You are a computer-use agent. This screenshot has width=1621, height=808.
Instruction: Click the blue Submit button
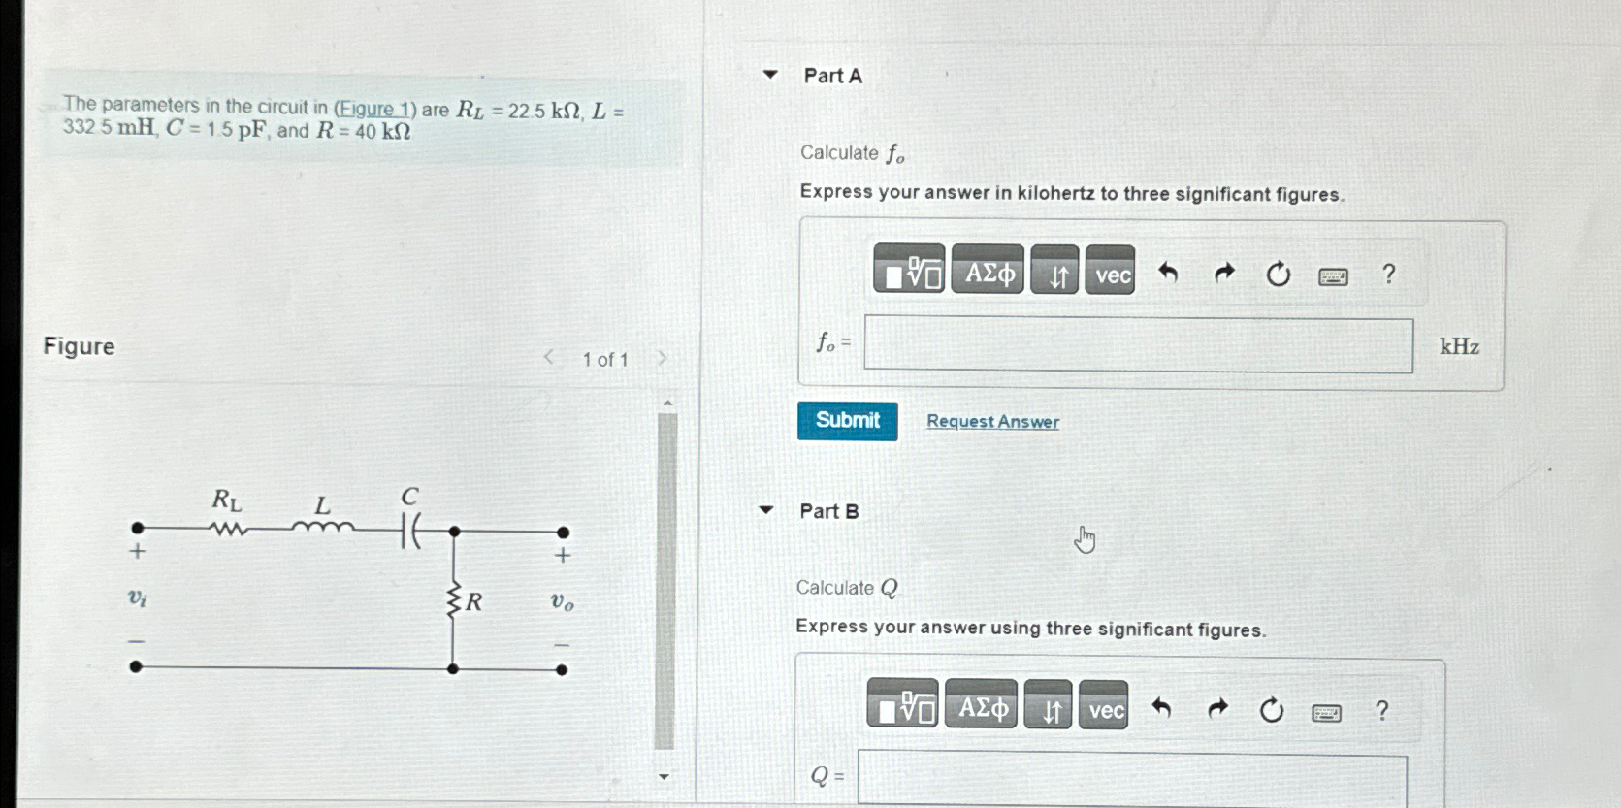coord(847,421)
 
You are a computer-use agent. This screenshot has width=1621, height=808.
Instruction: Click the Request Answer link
coord(992,422)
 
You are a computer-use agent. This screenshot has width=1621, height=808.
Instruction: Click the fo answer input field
coord(1138,345)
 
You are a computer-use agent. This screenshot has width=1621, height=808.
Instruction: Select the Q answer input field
coord(1131,779)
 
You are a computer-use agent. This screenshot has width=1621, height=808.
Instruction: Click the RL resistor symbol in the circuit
coord(229,530)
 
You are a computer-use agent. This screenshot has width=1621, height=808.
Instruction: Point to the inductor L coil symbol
coord(323,527)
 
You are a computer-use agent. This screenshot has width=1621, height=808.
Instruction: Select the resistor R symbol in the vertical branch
coord(453,600)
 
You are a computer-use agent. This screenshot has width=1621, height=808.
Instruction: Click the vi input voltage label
coord(138,598)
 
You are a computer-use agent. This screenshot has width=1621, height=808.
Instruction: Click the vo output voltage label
coord(562,601)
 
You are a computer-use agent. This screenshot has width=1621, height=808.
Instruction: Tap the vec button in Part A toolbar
coord(1111,273)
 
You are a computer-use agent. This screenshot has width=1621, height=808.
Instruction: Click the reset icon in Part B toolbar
coord(1271,711)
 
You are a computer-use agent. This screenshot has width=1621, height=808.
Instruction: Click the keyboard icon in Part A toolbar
coord(1333,276)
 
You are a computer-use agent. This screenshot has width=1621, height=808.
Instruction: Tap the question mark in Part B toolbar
coord(1381,711)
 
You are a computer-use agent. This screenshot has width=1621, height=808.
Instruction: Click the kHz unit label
coord(1459,346)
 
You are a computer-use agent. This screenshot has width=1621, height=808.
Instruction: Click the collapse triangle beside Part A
coord(770,74)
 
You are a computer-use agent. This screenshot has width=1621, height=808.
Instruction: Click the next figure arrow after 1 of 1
coord(663,358)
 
